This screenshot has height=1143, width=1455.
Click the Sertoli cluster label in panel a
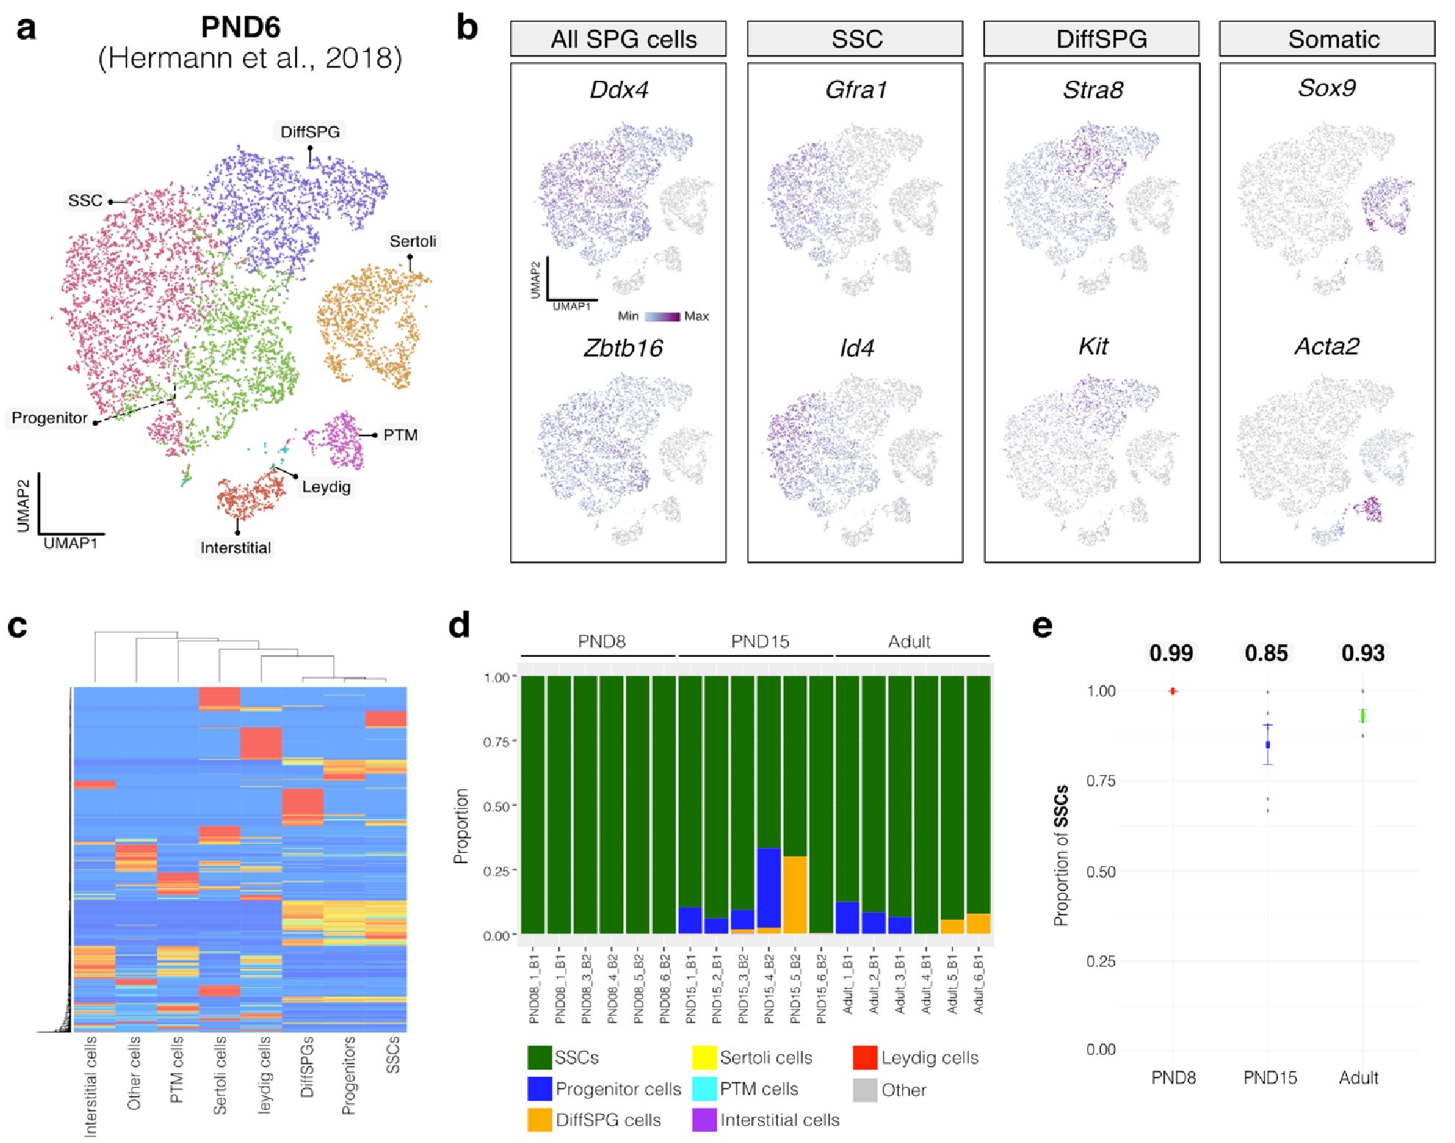[413, 242]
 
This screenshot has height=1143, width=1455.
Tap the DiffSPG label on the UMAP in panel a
[310, 132]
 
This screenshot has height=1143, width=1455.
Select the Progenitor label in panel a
[49, 418]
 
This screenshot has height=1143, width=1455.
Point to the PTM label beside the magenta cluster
[400, 435]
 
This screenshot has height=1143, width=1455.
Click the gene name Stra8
[1093, 90]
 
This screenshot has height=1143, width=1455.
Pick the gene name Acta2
[1326, 347]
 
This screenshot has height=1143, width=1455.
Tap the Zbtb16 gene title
[623, 348]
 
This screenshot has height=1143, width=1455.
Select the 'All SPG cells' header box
[618, 39]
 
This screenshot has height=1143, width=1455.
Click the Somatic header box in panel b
[1327, 39]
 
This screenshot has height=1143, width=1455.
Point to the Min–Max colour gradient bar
[662, 317]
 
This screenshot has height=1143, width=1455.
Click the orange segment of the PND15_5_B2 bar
[795, 895]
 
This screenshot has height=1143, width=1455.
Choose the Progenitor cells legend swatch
[540, 1089]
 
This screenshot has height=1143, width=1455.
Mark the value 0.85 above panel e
[1267, 653]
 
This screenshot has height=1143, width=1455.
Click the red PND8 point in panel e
[1173, 691]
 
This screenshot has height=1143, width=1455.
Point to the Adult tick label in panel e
[1359, 1078]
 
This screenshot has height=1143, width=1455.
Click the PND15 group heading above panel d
[760, 641]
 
